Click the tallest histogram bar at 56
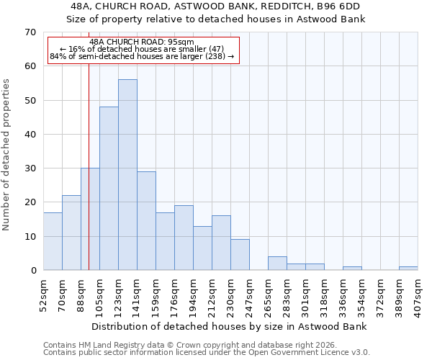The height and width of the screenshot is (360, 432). click(x=127, y=175)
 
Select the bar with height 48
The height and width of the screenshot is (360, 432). click(x=109, y=189)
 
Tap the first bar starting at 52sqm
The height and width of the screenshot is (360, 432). click(x=53, y=241)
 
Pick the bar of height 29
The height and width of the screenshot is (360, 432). click(x=146, y=221)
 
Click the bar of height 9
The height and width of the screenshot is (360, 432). click(x=240, y=255)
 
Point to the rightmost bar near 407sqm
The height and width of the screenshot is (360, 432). click(x=408, y=269)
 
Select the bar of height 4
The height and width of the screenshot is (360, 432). click(x=277, y=264)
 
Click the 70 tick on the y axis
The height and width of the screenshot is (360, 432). click(x=30, y=32)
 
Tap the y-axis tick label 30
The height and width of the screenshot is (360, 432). click(x=30, y=168)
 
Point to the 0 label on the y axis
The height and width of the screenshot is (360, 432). click(x=32, y=271)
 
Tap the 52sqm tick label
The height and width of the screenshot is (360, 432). click(x=43, y=294)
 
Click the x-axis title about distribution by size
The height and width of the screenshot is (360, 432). click(x=230, y=327)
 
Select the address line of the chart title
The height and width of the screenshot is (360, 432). click(x=216, y=6)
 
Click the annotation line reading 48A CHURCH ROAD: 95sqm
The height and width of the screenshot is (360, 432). click(x=143, y=42)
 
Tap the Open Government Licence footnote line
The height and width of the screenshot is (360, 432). click(x=207, y=353)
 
